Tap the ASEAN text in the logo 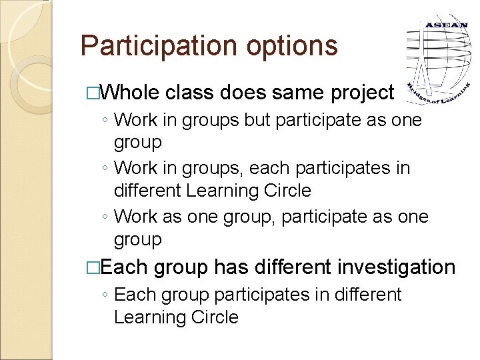[442, 25]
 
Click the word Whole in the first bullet [131, 93]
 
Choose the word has [230, 267]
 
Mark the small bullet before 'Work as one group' [105, 217]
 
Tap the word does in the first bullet [247, 93]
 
